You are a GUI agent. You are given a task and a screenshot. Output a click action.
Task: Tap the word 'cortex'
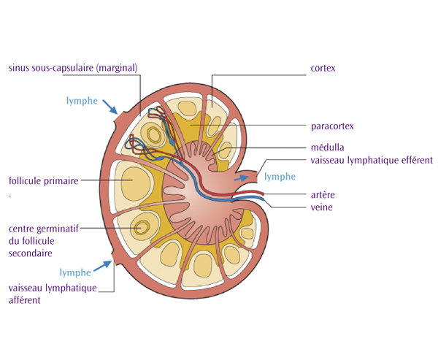tap(323, 68)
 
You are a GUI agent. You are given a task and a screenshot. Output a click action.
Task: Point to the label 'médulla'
tap(327, 147)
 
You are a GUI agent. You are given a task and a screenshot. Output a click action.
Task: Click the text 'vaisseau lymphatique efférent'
tap(372, 160)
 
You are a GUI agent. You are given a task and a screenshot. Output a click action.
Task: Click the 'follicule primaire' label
tap(43, 180)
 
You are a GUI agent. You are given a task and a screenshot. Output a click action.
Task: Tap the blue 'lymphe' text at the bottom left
tap(75, 272)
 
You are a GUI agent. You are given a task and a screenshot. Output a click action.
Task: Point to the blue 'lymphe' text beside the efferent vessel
tap(280, 177)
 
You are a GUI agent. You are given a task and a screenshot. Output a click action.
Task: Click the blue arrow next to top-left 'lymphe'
tap(108, 107)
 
